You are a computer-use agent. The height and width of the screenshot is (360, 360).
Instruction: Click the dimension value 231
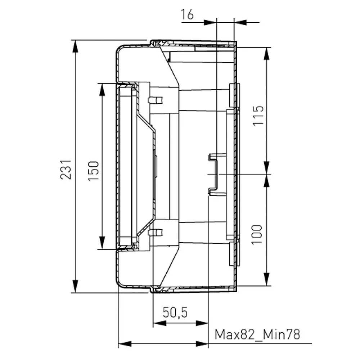coord(66,170)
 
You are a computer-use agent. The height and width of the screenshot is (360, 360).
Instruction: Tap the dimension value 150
coord(94,171)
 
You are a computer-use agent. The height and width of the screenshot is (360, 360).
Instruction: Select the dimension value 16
coord(187,14)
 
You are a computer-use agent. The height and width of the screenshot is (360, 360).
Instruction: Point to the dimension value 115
coord(258,116)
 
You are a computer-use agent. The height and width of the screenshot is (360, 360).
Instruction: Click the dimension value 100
coord(257,235)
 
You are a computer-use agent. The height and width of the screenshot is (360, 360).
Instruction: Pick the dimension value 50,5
coord(175,312)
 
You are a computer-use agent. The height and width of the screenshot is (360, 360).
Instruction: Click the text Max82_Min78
coord(257,334)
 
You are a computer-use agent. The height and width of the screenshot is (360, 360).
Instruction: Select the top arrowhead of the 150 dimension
coord(102,90)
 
